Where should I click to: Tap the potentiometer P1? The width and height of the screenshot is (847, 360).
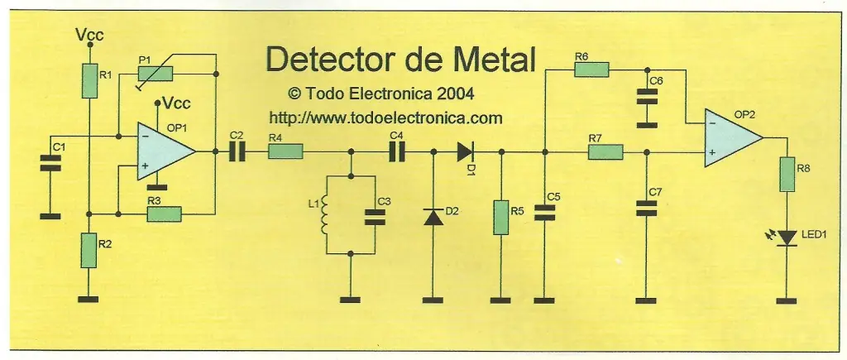pos(156,74)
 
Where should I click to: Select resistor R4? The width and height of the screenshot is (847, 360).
pos(285,151)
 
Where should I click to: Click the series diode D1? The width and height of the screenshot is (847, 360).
pos(467,151)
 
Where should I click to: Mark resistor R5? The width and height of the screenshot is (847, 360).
pos(500,216)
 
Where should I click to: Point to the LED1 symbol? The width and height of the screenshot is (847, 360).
pos(787,238)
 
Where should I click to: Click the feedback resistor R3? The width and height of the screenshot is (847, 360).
pos(164,214)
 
